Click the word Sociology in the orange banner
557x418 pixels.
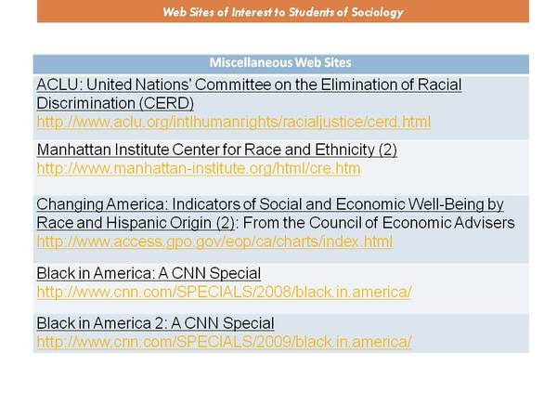click(377, 12)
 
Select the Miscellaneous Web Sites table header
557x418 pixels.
click(280, 62)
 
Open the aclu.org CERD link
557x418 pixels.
click(233, 122)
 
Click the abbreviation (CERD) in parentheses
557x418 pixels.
click(166, 103)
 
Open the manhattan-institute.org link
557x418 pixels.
click(199, 168)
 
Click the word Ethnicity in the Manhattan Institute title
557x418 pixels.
click(344, 150)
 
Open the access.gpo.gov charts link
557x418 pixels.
click(214, 242)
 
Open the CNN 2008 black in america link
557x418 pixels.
click(224, 292)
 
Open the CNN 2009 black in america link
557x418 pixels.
click(224, 342)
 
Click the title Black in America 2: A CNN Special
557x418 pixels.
click(155, 323)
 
